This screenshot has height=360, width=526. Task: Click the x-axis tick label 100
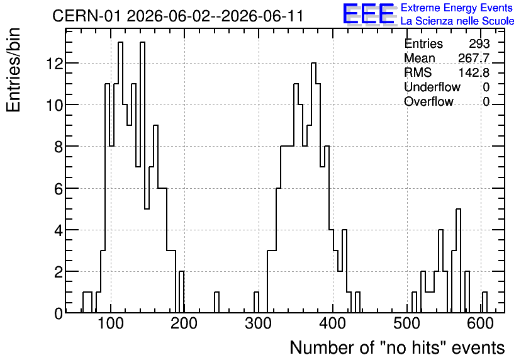coord(111,324)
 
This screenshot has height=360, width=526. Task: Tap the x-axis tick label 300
coord(259,324)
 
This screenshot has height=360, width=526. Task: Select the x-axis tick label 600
coord(481,324)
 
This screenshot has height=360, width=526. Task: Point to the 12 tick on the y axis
coord(55,64)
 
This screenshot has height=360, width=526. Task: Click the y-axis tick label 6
coord(59,188)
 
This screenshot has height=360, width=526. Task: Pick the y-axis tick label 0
coord(59,313)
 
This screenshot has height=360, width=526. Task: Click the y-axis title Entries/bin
coord(13,70)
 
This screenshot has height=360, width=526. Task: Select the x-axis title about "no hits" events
coord(397,347)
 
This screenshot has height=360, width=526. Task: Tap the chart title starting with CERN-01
coord(178,16)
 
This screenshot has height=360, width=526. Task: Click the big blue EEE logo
coord(369,14)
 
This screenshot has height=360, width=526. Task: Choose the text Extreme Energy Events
coord(457,8)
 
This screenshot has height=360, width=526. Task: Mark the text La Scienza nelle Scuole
coord(457,21)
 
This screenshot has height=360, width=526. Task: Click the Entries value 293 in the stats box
coord(479,43)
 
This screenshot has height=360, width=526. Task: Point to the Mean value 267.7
coord(474,58)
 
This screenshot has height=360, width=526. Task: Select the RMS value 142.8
coord(474,72)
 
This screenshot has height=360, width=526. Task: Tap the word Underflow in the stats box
coord(432,87)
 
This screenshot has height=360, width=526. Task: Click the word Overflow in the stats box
coord(428,101)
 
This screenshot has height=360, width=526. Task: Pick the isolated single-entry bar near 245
coord(216,302)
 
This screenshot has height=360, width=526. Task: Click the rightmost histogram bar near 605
coord(484,302)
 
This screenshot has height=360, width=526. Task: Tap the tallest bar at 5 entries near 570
coord(458,261)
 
